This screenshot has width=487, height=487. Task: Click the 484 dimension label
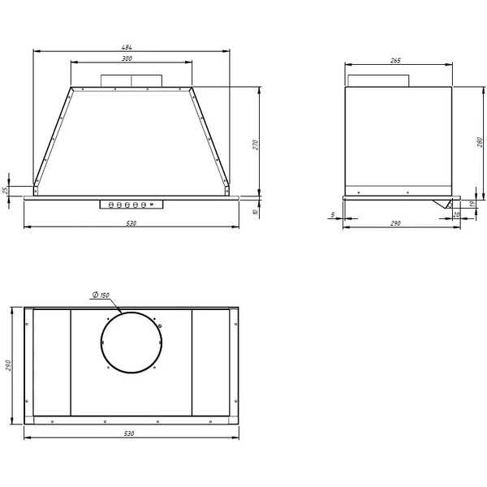point(127,47)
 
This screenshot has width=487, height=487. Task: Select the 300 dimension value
point(127,58)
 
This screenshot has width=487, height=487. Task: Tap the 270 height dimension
point(256,145)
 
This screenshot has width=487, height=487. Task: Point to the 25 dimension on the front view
point(6,191)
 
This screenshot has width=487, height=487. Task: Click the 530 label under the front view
point(131,223)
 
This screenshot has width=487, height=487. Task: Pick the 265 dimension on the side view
point(395,61)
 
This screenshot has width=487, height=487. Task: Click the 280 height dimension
point(480,142)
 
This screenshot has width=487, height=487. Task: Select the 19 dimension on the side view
point(472,204)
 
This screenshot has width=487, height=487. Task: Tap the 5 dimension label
point(333,214)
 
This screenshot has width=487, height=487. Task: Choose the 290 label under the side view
point(395,223)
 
